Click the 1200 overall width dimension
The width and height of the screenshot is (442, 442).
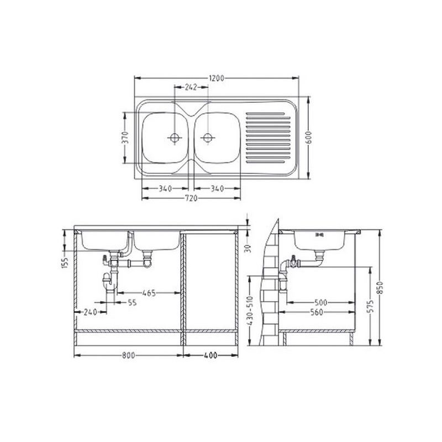[x=217, y=78]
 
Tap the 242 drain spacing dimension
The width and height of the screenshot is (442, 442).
[x=191, y=87]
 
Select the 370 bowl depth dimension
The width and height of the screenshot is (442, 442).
[x=126, y=137]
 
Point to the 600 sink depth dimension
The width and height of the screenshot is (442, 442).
[x=309, y=137]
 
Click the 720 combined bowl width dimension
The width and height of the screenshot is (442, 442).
[x=191, y=198]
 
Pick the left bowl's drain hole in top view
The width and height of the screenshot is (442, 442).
[x=175, y=138]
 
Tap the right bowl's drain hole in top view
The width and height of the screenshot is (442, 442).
[x=208, y=138]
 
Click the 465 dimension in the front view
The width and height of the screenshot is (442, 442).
[x=149, y=293]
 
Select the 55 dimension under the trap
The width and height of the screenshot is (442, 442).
[x=132, y=302]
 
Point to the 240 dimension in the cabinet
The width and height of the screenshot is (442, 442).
[x=91, y=312]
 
